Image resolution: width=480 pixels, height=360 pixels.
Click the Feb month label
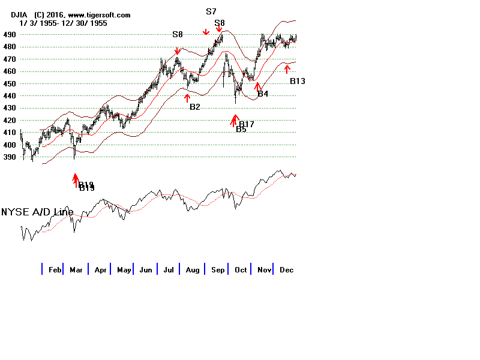point(55,270)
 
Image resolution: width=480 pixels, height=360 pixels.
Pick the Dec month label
point(286,270)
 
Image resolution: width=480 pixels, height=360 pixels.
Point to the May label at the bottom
point(124,270)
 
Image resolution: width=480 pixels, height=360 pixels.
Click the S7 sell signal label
point(211,11)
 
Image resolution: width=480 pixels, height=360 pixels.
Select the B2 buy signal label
point(195,107)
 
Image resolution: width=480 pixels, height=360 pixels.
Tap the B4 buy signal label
point(263,94)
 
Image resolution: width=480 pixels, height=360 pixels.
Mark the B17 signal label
point(247,124)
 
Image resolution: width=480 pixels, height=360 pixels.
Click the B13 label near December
point(298,81)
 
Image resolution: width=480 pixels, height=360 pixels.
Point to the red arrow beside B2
point(187,98)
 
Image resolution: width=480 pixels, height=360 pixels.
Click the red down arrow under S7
point(206,31)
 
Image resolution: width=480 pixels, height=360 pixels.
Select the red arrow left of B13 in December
point(287,69)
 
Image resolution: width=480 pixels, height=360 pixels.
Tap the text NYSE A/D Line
point(37,212)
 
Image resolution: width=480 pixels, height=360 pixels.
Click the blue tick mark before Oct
point(230,269)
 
